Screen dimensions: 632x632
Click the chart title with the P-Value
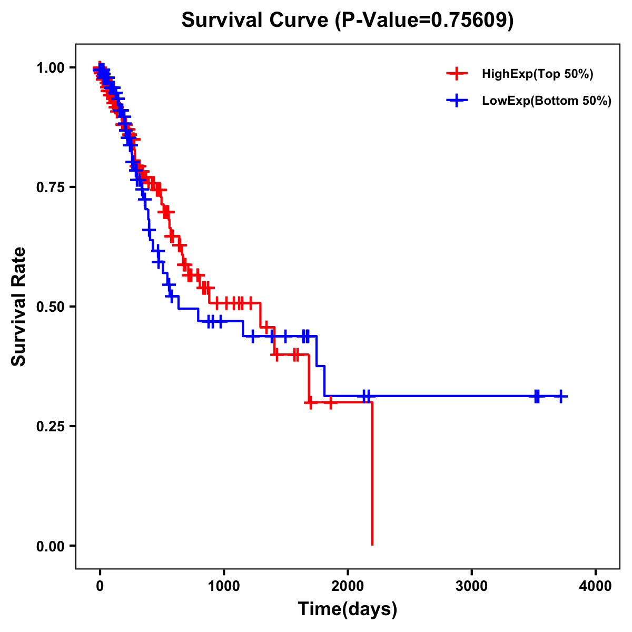(x=347, y=20)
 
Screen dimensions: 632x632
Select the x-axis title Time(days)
(x=347, y=609)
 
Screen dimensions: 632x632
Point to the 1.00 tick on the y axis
(x=50, y=68)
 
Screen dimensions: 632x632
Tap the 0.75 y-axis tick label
(x=50, y=187)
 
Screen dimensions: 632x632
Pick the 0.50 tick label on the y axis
(x=50, y=307)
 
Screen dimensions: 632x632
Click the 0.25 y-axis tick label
(x=50, y=426)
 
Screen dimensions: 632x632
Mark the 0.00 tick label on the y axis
(x=50, y=546)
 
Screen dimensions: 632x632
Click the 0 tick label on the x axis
(x=100, y=586)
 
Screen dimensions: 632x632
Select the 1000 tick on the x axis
(x=224, y=586)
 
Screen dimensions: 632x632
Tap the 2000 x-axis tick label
(x=348, y=586)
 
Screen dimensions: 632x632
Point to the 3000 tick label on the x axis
(x=471, y=586)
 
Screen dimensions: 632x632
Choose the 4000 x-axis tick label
(x=596, y=586)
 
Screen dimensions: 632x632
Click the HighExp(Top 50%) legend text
(x=538, y=74)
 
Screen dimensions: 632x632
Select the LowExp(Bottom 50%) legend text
(x=547, y=101)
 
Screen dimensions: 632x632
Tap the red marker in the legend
(x=457, y=74)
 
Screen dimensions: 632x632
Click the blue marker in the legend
(x=457, y=101)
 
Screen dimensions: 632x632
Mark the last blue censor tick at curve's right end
(x=561, y=396)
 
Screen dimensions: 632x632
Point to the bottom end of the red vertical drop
(x=372, y=544)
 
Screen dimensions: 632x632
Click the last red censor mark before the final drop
(x=330, y=402)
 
